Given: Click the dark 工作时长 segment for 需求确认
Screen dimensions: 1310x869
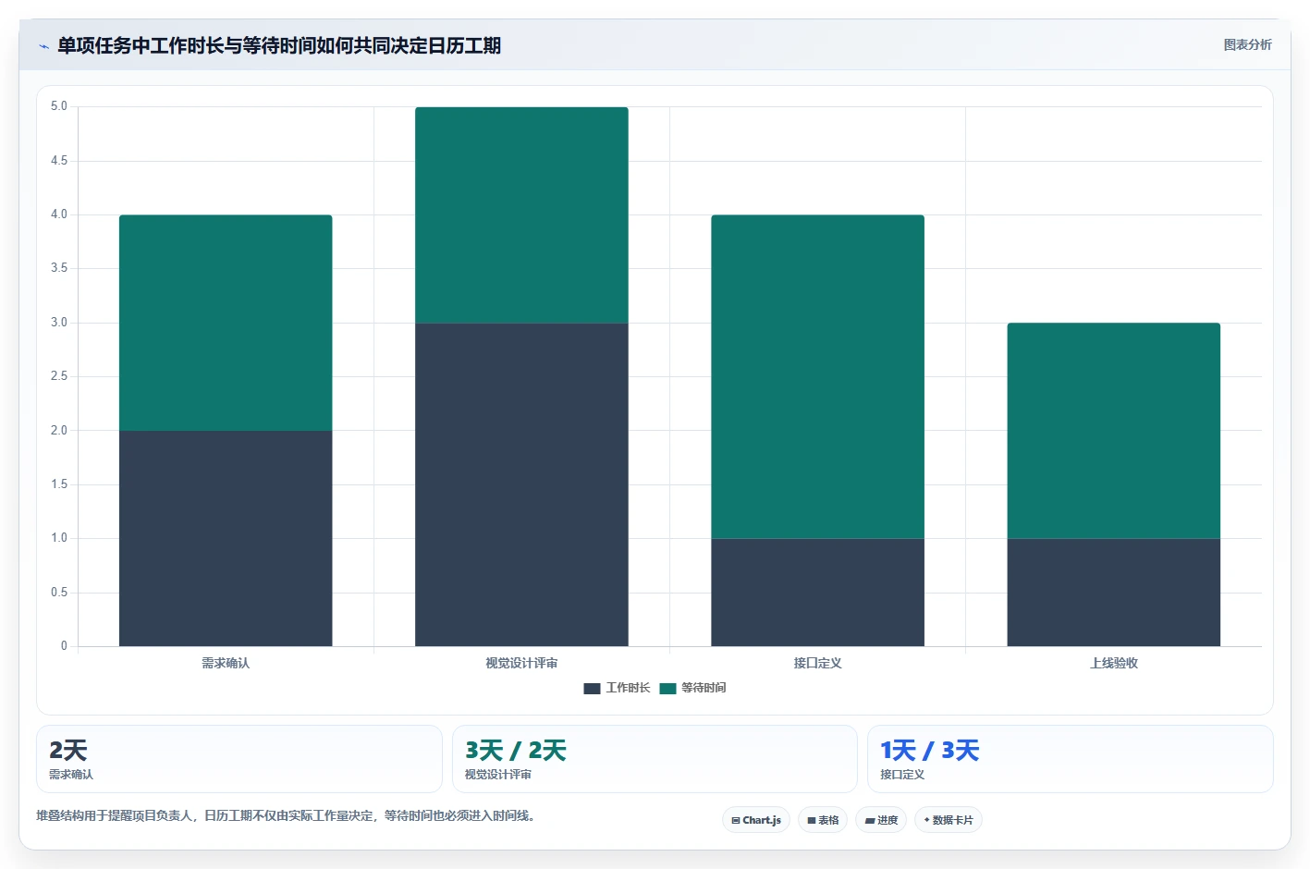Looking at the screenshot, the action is click(x=226, y=538).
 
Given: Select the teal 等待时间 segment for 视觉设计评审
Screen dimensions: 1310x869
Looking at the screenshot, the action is click(x=521, y=215).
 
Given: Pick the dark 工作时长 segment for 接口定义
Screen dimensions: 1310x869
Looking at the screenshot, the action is click(x=817, y=592).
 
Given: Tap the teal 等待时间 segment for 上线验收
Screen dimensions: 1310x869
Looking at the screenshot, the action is click(x=1113, y=431).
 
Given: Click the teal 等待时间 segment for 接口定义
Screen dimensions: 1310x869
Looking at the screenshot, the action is click(x=817, y=376).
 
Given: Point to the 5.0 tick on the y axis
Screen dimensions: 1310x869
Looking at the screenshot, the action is click(x=58, y=105).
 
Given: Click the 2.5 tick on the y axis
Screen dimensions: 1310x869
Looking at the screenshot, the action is click(x=58, y=375).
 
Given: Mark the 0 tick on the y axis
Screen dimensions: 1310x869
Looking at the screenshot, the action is click(x=64, y=645).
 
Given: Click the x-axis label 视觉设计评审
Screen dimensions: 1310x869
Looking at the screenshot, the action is click(x=521, y=663).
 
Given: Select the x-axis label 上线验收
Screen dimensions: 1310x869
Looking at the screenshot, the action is click(x=1113, y=663).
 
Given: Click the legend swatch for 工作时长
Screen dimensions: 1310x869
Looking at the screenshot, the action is click(x=592, y=689).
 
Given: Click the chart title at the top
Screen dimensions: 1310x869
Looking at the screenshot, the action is click(x=279, y=45).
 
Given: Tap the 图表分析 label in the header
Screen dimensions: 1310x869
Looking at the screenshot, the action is click(x=1247, y=45).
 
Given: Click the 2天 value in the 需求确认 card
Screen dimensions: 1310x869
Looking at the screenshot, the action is click(x=68, y=751).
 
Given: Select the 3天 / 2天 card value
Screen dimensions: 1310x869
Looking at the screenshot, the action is click(x=515, y=751).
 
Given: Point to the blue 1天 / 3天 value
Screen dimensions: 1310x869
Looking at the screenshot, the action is click(x=929, y=751).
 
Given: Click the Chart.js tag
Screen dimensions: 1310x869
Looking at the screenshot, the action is click(x=756, y=820).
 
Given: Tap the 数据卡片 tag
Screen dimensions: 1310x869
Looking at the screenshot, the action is click(x=948, y=820).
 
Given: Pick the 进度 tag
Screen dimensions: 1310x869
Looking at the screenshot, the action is click(x=881, y=820).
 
